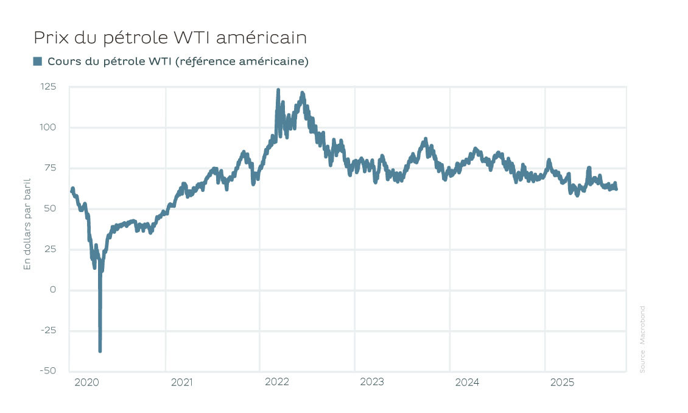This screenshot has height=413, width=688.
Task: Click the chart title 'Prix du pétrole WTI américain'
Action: coord(170,38)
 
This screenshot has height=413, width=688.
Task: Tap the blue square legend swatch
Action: coord(38,61)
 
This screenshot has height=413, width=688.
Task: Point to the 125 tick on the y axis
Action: coord(49,86)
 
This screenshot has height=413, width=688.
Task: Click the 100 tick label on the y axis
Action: coord(49,127)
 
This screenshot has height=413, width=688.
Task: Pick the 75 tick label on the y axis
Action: coord(51,168)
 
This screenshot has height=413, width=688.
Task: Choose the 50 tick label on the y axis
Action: coord(50,208)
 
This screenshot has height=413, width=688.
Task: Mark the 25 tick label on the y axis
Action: coord(51,249)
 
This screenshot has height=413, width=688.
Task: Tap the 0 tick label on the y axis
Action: coord(53,290)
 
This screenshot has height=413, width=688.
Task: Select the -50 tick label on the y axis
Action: coord(48,371)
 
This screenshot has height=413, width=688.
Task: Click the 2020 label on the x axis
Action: coord(86,383)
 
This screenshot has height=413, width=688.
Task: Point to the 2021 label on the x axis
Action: coord(181,383)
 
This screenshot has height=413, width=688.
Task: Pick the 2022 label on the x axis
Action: coord(276,383)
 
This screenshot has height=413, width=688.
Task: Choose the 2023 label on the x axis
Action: coord(371,383)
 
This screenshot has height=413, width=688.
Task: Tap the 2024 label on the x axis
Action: coord(467,383)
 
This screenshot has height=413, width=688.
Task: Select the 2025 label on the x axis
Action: coord(562,383)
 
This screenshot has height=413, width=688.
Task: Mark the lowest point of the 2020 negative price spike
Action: coord(100,351)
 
